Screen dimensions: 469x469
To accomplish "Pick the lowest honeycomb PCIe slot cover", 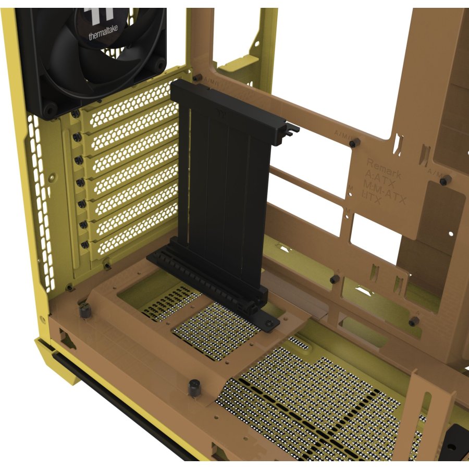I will click(138, 229).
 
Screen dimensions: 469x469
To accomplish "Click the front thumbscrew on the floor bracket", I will click(194, 388).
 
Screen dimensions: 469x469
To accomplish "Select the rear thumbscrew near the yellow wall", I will click(84, 311).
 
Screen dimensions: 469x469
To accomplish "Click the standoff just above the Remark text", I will click(355, 142).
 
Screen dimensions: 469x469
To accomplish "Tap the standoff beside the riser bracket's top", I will click(196, 78).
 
